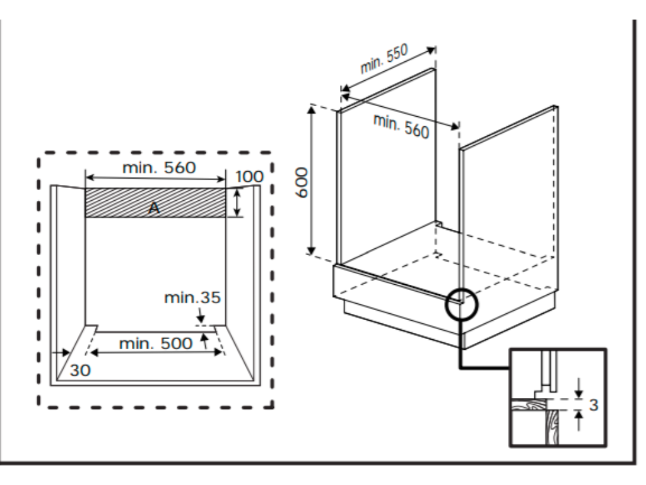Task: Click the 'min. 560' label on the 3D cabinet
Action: click(x=401, y=126)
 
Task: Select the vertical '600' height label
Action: click(x=302, y=183)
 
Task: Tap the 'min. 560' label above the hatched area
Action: click(x=159, y=167)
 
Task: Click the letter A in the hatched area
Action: click(x=153, y=209)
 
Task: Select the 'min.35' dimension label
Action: click(x=192, y=297)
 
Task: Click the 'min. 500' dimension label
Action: click(x=156, y=344)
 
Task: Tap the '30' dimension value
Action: click(x=80, y=371)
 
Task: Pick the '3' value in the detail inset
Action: click(x=593, y=405)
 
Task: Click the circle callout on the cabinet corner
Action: click(x=462, y=305)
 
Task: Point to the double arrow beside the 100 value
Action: click(x=237, y=203)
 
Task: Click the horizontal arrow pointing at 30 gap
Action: click(x=62, y=353)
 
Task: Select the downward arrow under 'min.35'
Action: click(x=200, y=314)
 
